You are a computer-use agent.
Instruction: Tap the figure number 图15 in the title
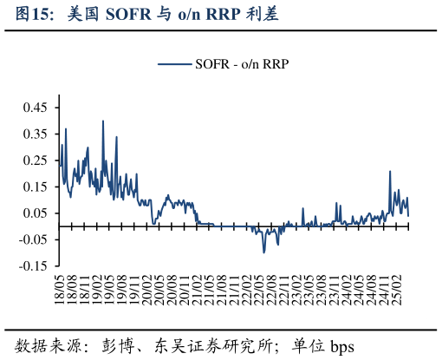pos(35,15)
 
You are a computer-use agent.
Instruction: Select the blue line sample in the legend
pos(174,63)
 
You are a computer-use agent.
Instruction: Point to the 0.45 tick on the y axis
pos(35,107)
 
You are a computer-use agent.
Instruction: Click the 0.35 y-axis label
pos(35,134)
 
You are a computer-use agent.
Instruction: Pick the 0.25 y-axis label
pos(35,160)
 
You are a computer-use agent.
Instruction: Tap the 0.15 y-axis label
pos(35,187)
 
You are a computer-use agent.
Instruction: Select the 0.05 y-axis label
pos(35,213)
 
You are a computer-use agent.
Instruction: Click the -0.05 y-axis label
pos(33,240)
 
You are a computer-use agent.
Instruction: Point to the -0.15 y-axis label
pos(33,266)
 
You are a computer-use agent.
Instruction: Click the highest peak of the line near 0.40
pos(103,121)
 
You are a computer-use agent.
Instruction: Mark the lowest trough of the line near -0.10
pos(264,252)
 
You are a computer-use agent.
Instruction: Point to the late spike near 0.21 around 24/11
pos(390,172)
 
